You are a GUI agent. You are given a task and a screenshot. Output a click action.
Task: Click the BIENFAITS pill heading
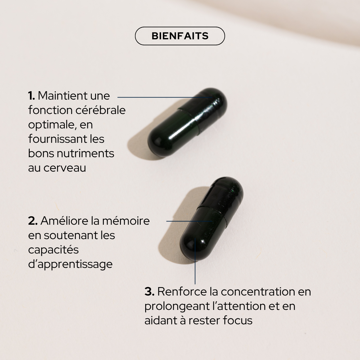[x=180, y=36]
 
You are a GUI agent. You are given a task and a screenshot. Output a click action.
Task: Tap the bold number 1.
[x=31, y=96]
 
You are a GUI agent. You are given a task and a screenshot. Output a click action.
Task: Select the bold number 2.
[x=33, y=221]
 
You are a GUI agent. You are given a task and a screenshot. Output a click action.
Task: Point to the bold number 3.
[x=149, y=292]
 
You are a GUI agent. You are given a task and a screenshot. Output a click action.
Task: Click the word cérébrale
[x=100, y=110]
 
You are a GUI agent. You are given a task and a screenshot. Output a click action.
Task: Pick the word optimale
[x=51, y=125]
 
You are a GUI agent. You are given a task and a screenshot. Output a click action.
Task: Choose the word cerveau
[x=65, y=168]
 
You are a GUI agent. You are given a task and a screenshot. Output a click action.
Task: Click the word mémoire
[x=126, y=221]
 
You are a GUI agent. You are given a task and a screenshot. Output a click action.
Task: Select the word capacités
[x=53, y=250]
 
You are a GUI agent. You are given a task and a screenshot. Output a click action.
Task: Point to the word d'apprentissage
[x=70, y=264]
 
